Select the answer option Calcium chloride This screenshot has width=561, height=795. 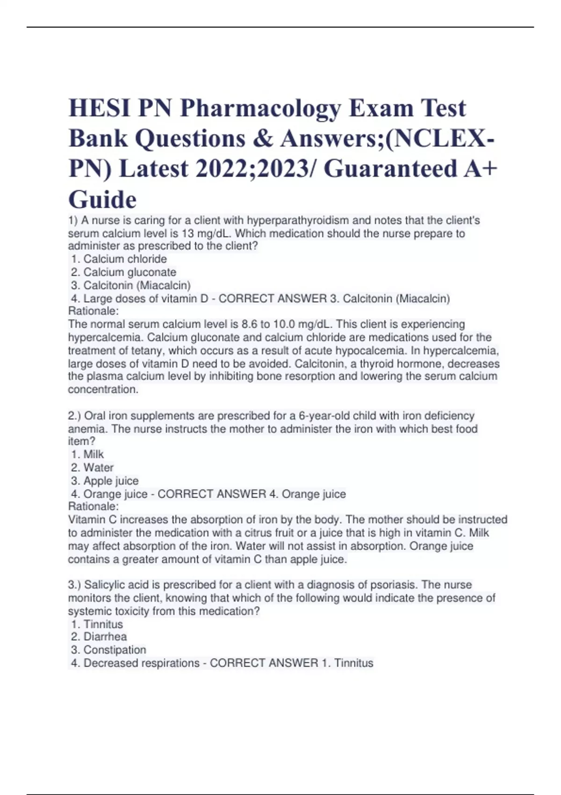coord(125,259)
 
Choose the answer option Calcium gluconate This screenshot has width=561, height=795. coord(129,272)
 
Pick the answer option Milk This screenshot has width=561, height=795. coord(93,454)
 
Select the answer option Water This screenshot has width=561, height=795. coord(98,468)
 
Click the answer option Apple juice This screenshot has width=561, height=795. coord(111,481)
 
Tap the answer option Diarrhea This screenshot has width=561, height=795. coord(105,637)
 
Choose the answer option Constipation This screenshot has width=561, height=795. coord(115,650)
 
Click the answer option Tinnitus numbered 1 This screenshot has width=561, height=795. coord(103,624)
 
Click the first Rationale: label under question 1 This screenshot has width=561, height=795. coord(93,311)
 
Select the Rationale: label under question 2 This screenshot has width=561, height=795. coord(93,506)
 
